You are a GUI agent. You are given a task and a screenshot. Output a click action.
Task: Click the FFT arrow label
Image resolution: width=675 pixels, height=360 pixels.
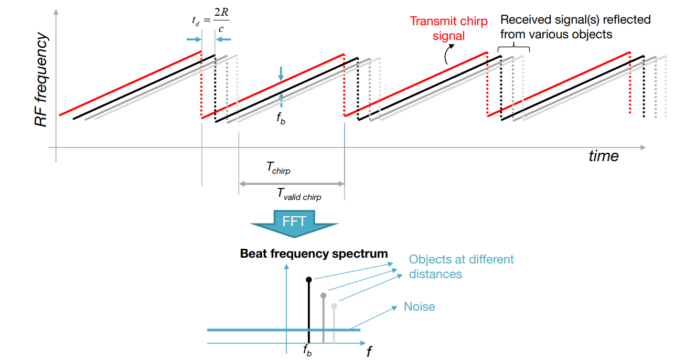tap(294, 221)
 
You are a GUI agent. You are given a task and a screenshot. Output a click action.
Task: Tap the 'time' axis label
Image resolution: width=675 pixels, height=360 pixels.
tap(603, 156)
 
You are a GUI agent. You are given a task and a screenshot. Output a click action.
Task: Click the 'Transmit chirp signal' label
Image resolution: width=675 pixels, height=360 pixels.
tap(448, 28)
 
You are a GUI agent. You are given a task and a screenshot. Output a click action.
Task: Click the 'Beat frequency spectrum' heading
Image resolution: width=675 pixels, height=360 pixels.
tap(314, 254)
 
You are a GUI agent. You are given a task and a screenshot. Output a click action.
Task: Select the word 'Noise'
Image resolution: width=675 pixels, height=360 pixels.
tap(419, 306)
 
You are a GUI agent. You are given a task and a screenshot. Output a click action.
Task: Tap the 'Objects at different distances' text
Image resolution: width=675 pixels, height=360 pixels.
tap(461, 266)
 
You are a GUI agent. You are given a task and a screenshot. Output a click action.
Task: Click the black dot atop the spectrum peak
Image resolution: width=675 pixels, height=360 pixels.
tap(309, 279)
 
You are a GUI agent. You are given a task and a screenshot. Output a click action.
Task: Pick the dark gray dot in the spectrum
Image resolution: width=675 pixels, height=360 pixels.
tap(323, 295)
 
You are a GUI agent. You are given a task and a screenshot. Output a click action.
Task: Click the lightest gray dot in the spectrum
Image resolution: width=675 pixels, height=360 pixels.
tap(334, 306)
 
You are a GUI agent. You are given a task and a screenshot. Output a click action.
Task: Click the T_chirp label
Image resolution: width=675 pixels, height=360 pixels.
tap(278, 168)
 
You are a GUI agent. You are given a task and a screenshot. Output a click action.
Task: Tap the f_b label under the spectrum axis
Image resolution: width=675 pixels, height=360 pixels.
tap(307, 351)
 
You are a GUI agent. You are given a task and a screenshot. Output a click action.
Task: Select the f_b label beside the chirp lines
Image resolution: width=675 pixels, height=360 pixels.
tap(281, 118)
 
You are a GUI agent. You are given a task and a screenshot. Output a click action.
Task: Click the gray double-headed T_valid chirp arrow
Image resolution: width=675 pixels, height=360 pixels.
tap(291, 184)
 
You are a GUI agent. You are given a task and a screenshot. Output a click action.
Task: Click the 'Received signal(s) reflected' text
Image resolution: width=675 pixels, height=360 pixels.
tap(575, 20)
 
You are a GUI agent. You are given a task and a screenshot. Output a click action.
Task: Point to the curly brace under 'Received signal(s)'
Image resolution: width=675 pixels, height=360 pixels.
tap(513, 47)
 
